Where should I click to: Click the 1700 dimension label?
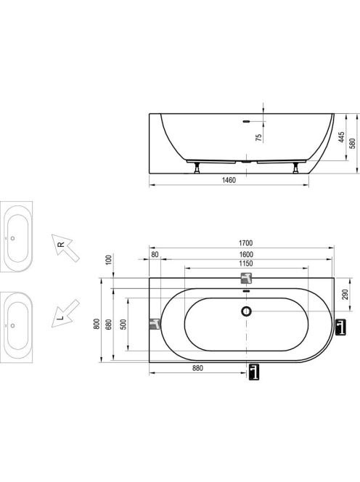click(245, 243)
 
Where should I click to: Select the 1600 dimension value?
click(246, 255)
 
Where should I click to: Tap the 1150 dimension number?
click(246, 264)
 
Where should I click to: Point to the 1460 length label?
click(229, 180)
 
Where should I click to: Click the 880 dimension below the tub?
click(197, 368)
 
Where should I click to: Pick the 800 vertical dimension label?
click(97, 324)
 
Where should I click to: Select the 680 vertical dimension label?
click(109, 324)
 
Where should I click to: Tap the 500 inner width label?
click(123, 324)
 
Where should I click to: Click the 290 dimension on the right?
click(345, 295)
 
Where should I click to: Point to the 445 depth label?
click(341, 137)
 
